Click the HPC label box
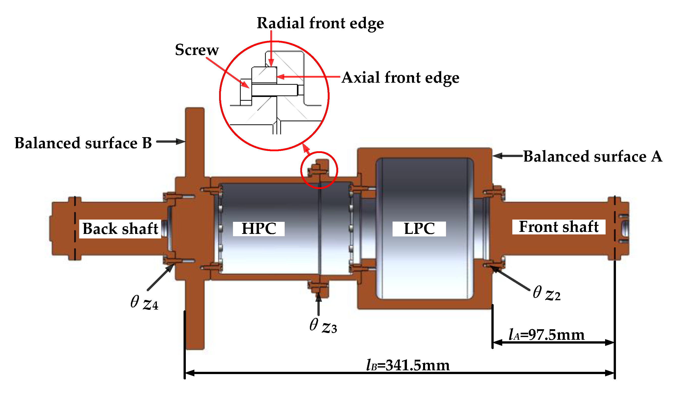point(258,229)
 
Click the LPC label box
point(419,229)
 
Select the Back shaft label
point(120,229)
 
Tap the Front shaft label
point(559,227)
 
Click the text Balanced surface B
point(83,143)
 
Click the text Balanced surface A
point(592,156)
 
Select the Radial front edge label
point(320,23)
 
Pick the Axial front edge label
point(400,78)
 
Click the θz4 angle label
point(144,302)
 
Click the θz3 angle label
point(323,326)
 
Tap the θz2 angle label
point(546,293)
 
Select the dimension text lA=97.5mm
point(546,335)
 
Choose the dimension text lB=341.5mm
point(408,366)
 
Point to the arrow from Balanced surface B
point(170,141)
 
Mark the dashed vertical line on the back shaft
point(75,229)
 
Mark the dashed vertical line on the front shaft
point(615,229)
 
